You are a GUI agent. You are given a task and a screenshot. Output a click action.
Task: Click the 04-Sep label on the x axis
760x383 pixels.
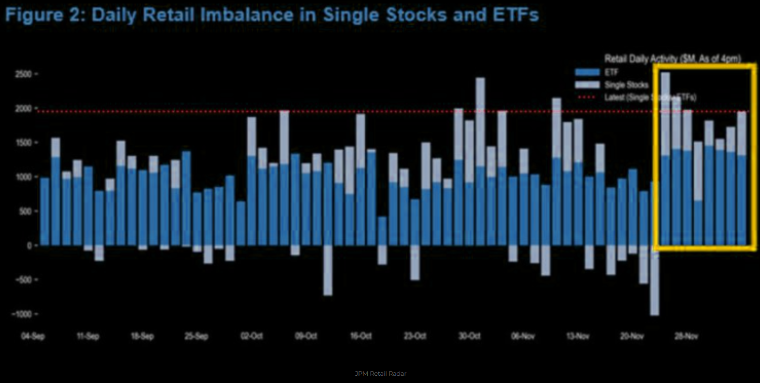(x=33, y=336)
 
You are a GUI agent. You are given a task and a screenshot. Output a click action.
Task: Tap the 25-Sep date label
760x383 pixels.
(x=196, y=336)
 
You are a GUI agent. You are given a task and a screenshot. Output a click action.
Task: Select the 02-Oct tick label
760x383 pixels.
(x=252, y=336)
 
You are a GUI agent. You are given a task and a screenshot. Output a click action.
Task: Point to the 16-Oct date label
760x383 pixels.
(x=361, y=336)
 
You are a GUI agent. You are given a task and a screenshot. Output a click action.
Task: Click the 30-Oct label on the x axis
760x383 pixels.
(x=469, y=336)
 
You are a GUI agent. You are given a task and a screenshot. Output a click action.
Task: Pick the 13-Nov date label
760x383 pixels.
(x=578, y=336)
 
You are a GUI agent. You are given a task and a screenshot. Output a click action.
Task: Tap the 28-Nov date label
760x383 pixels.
(x=686, y=336)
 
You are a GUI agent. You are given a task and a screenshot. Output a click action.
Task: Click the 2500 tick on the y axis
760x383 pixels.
(x=23, y=74)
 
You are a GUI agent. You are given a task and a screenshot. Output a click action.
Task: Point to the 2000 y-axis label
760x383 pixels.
(x=23, y=109)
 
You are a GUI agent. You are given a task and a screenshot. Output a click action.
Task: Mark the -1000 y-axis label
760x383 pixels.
(x=21, y=314)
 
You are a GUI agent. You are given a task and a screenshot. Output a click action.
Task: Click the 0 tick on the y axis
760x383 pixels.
(x=29, y=246)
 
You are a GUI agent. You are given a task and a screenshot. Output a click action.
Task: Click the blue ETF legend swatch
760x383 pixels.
(x=587, y=72)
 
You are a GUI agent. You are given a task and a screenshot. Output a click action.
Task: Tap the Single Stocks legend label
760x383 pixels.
(x=626, y=85)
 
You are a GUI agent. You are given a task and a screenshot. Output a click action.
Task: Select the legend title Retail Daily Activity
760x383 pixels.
(x=672, y=59)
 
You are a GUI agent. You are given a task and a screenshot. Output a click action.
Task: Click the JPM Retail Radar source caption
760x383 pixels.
(x=380, y=374)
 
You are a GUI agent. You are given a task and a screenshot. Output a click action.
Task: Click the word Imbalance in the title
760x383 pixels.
(x=246, y=15)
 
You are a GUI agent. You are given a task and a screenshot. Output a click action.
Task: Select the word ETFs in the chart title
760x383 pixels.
(x=516, y=15)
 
